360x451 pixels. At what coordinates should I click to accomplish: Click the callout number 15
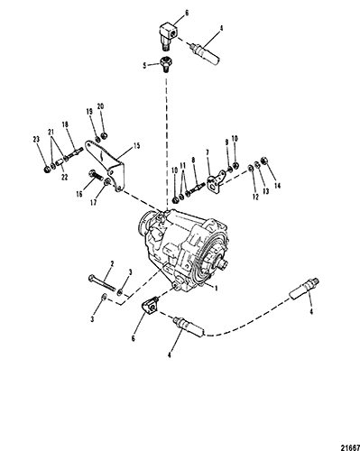point(136,146)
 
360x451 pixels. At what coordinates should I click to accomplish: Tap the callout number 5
point(144,65)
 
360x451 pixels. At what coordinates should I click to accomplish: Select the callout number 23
point(36,139)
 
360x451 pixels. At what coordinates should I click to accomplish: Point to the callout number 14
point(277,186)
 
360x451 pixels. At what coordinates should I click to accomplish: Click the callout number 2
point(112,264)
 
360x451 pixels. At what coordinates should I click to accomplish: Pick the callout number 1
point(216,288)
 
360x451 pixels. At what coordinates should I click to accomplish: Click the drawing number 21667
point(350,447)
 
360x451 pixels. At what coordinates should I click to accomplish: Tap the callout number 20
point(100,106)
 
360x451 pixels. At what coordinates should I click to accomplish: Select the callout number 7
point(208,153)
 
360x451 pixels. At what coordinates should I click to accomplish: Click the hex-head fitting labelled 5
point(164,64)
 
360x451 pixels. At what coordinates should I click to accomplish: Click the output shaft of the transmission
point(224,264)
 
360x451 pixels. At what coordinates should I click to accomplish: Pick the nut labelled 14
point(265,161)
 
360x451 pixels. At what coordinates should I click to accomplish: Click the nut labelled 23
point(47,170)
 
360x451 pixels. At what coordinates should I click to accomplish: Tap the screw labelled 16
point(95,175)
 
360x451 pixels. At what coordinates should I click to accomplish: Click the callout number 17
point(94,202)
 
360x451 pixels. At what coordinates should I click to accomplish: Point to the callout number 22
point(64,178)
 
